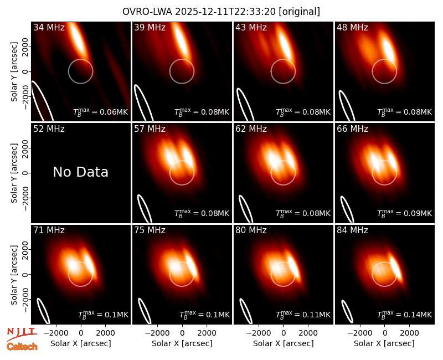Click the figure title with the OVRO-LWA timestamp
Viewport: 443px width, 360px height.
(x=221, y=12)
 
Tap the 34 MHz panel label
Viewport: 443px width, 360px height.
(x=49, y=27)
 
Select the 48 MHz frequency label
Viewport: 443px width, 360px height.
(x=352, y=27)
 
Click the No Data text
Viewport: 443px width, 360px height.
(x=80, y=172)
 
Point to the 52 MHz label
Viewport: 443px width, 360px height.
(x=49, y=129)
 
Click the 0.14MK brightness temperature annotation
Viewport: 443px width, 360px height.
(x=405, y=315)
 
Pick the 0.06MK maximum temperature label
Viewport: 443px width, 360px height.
(x=101, y=112)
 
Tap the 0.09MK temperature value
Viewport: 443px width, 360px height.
(x=405, y=213)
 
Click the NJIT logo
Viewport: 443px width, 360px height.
(x=22, y=333)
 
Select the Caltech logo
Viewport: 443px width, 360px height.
(x=22, y=347)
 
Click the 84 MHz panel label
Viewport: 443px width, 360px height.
(x=352, y=230)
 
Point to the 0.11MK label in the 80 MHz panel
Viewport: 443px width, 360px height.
(x=303, y=315)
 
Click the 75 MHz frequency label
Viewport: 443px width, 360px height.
(x=150, y=230)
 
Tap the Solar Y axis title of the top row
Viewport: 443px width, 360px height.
(x=14, y=72)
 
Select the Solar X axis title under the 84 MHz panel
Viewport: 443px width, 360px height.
(x=384, y=343)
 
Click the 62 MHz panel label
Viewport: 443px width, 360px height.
(x=251, y=129)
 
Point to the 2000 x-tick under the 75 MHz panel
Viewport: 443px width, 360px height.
(x=207, y=333)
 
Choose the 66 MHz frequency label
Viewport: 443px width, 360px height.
(x=352, y=129)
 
